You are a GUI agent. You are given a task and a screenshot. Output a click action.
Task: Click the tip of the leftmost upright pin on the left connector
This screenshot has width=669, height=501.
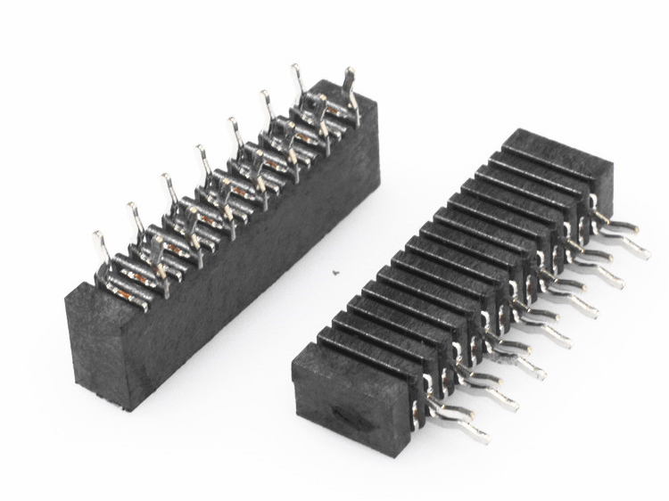coord(97,234)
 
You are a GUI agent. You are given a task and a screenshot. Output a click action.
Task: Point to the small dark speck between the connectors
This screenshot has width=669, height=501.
coord(334,273)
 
